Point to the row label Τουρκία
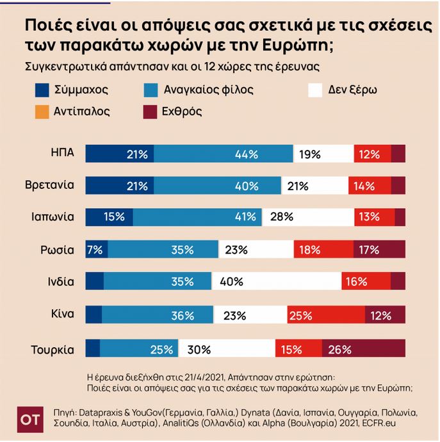point(53,349)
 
